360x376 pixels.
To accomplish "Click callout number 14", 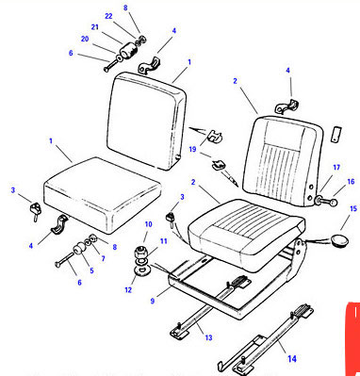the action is [x=292, y=358].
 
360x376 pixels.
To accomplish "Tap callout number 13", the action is [x=208, y=337].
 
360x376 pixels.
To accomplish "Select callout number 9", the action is [x=153, y=301].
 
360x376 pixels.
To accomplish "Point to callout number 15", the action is [x=353, y=208].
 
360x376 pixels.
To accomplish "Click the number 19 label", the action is [x=192, y=149].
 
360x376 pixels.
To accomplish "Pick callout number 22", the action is [x=108, y=16].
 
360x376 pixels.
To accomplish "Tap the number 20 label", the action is [x=85, y=39].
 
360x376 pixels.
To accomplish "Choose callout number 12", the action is [x=128, y=289].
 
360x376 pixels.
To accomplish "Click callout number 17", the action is [x=336, y=168].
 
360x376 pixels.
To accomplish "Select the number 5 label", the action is [x=91, y=270].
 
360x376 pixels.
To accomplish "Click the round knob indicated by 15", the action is [x=339, y=240].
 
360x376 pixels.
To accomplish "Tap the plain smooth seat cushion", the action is [x=103, y=195].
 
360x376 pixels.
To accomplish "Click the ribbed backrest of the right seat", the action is [x=283, y=161].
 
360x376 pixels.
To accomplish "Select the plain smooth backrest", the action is [x=147, y=121].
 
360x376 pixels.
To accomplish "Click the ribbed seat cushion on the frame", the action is [x=246, y=234].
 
